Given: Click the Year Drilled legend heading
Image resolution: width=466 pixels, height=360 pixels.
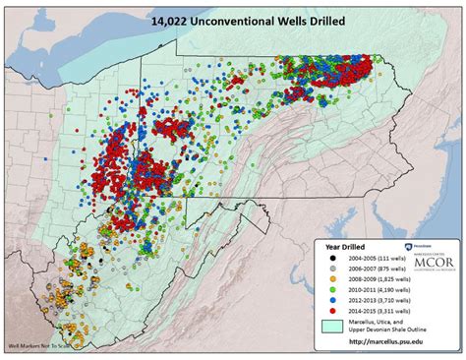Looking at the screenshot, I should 346,247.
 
